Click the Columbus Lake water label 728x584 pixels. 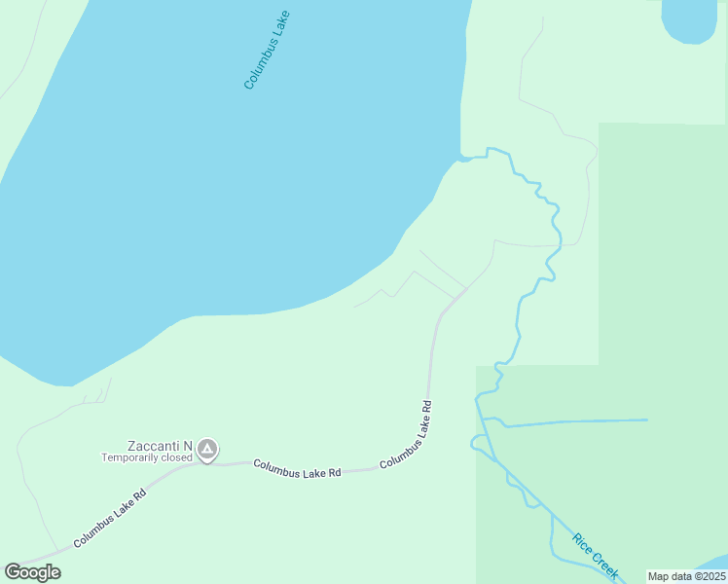(268, 51)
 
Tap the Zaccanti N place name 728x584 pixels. (160, 446)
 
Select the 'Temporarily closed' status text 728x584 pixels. (148, 457)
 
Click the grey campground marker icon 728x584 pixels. (206, 450)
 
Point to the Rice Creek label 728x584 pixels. (596, 555)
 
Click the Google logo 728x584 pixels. (32, 572)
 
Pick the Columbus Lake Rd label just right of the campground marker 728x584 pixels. (297, 468)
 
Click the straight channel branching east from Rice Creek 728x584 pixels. (574, 421)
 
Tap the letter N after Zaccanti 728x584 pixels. (188, 446)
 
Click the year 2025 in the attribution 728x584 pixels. (710, 576)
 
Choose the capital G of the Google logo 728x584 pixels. (13, 572)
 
